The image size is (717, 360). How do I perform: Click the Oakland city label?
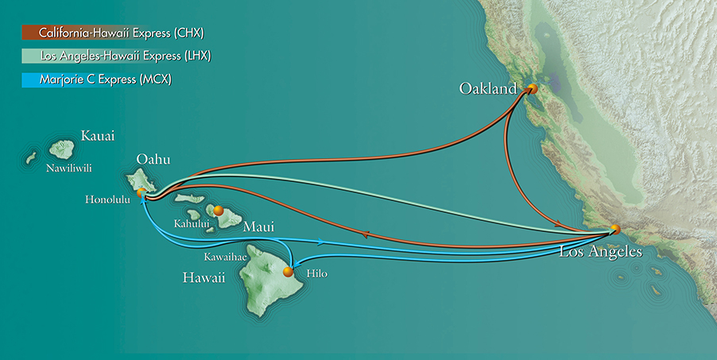488,88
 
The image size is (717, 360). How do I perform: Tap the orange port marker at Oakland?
533,90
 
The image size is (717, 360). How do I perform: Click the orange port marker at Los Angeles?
614,230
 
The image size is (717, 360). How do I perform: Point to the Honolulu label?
107,199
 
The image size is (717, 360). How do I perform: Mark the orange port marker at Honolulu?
141,192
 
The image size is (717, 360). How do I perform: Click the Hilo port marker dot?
289,272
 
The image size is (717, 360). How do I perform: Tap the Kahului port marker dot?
218,211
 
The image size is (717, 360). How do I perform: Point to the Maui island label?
259,228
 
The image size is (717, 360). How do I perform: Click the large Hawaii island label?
202,278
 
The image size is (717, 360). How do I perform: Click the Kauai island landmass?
62,149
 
